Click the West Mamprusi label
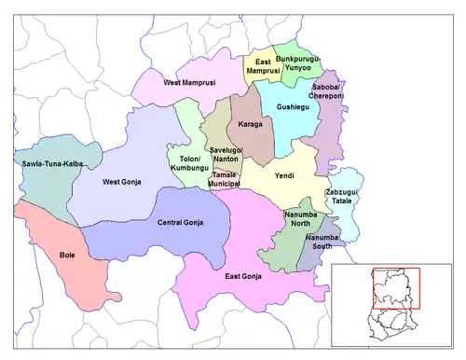click(189, 83)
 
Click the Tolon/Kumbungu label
click(190, 164)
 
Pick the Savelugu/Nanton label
click(226, 156)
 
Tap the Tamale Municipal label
click(225, 179)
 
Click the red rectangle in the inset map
click(396, 288)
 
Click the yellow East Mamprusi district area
click(257, 79)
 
